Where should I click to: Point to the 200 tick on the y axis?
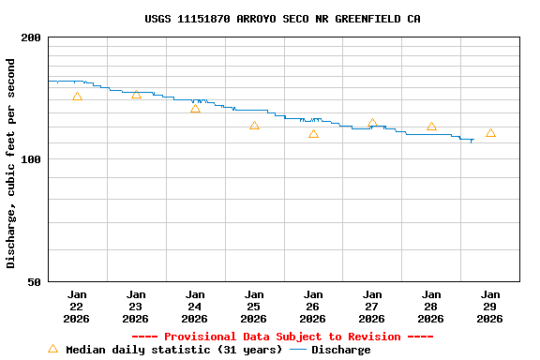point(32,37)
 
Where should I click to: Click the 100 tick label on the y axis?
point(32,159)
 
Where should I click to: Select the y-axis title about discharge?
point(11,163)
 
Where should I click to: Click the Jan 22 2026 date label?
point(77,307)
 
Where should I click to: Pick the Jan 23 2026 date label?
point(136,307)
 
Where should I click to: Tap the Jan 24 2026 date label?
point(195,307)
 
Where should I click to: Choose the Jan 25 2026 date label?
point(254,307)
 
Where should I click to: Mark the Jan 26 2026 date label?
point(313,307)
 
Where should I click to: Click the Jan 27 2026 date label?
point(372,307)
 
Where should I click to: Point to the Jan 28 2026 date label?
point(431,307)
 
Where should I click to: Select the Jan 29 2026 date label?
point(490,307)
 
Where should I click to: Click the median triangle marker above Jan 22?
point(77,97)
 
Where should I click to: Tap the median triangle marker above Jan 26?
point(313,133)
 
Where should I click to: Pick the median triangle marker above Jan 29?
point(490,133)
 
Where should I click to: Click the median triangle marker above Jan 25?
point(254,125)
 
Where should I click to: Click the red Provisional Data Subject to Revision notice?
point(282,337)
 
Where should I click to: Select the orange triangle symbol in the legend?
point(52,349)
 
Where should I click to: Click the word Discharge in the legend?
point(340,350)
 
